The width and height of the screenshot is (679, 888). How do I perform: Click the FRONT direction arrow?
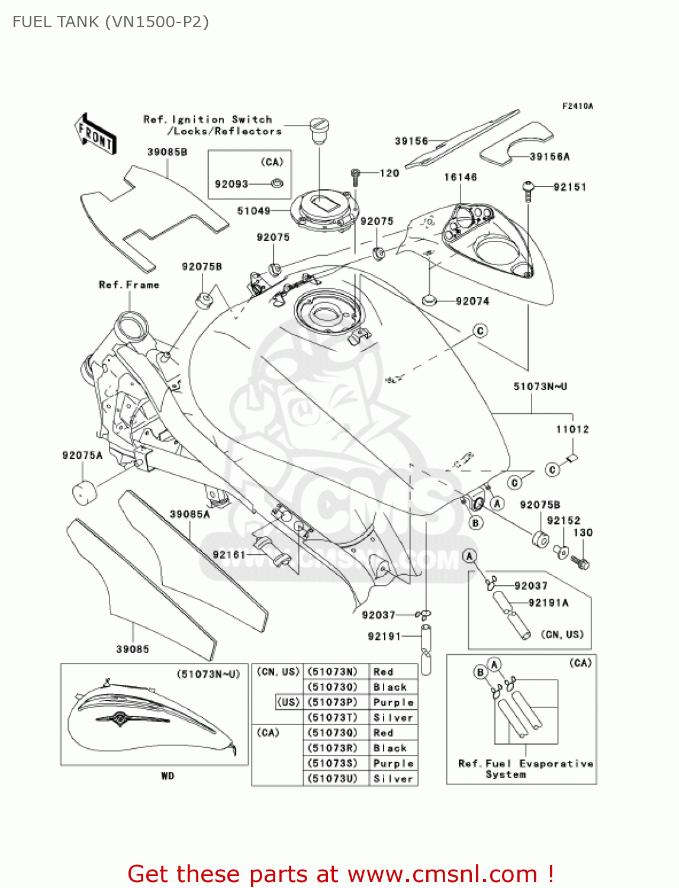click(95, 134)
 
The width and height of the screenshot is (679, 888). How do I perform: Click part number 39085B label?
click(167, 152)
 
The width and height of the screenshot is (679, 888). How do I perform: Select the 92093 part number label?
click(231, 184)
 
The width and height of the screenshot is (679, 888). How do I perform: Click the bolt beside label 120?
click(355, 176)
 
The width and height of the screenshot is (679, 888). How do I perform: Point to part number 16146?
click(460, 177)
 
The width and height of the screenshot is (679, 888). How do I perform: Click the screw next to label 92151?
click(528, 189)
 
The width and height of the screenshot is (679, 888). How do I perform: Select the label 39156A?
click(549, 157)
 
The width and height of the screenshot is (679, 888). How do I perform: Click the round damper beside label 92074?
click(429, 301)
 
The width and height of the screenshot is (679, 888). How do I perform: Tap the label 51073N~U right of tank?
click(540, 387)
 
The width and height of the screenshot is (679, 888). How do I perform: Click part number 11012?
click(572, 429)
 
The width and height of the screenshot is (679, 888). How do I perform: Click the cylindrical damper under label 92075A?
click(83, 493)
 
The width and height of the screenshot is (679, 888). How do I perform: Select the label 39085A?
click(189, 514)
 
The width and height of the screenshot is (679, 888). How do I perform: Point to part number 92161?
click(229, 555)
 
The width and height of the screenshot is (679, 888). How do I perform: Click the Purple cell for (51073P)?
click(393, 702)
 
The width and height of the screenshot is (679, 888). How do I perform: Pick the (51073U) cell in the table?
click(333, 778)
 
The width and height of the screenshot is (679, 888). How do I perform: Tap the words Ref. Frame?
click(129, 285)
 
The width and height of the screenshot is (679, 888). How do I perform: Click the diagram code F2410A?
click(577, 107)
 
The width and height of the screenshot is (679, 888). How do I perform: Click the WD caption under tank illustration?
click(168, 776)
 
